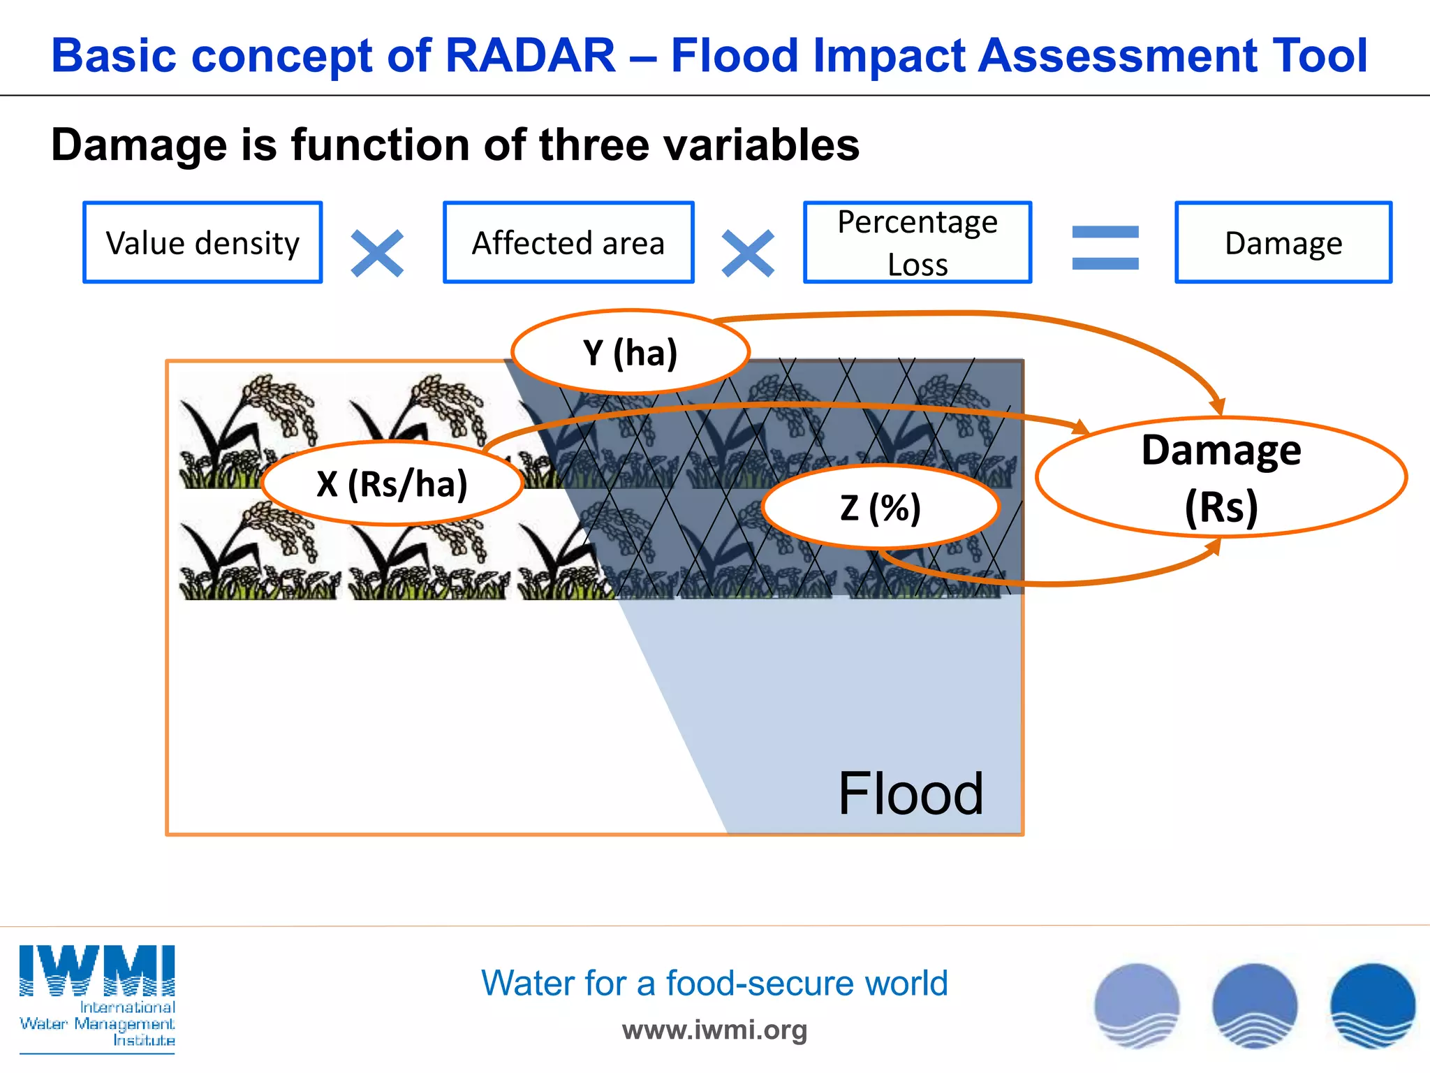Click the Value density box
(202, 242)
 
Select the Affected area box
(568, 242)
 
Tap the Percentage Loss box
(917, 242)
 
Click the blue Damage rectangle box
(1283, 242)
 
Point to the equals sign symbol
(1105, 247)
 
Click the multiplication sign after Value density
(377, 253)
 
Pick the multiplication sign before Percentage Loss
(748, 253)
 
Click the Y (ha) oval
(631, 352)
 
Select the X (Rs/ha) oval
(392, 483)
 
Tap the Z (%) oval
(880, 507)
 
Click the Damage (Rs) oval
(1221, 478)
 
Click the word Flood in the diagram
(911, 794)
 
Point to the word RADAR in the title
(531, 56)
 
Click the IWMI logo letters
(97, 971)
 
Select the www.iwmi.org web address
(714, 1030)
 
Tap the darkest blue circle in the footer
(1373, 1006)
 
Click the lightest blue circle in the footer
(1137, 1006)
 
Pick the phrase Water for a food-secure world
(714, 983)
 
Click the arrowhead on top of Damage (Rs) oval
(1218, 407)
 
